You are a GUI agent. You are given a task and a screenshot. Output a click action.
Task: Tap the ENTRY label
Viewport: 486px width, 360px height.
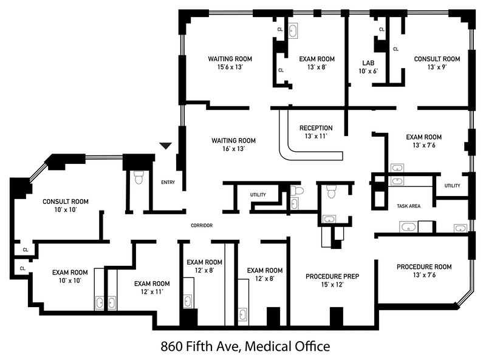[x=168, y=182]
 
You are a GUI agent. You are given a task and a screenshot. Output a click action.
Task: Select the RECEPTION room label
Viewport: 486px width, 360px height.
[x=316, y=128]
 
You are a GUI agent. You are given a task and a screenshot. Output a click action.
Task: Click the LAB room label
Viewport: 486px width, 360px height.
[x=368, y=63]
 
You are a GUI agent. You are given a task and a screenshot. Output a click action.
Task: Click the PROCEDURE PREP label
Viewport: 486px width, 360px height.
[x=332, y=276]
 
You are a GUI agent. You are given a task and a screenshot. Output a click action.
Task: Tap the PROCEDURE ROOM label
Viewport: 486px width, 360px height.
[x=424, y=267]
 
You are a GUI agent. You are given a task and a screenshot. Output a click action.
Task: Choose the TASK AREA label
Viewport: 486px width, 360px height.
[x=408, y=206]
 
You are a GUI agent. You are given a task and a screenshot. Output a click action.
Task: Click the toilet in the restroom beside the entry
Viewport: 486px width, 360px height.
[x=137, y=177]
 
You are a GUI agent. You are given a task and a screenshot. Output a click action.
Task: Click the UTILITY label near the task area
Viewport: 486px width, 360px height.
[x=452, y=186]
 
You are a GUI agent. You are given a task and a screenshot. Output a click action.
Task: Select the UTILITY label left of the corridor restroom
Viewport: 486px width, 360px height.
[x=258, y=195]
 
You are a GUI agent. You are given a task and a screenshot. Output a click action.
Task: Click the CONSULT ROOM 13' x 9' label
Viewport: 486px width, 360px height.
[x=437, y=59]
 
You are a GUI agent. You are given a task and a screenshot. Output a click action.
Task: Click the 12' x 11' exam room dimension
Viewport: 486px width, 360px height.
[x=151, y=292]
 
